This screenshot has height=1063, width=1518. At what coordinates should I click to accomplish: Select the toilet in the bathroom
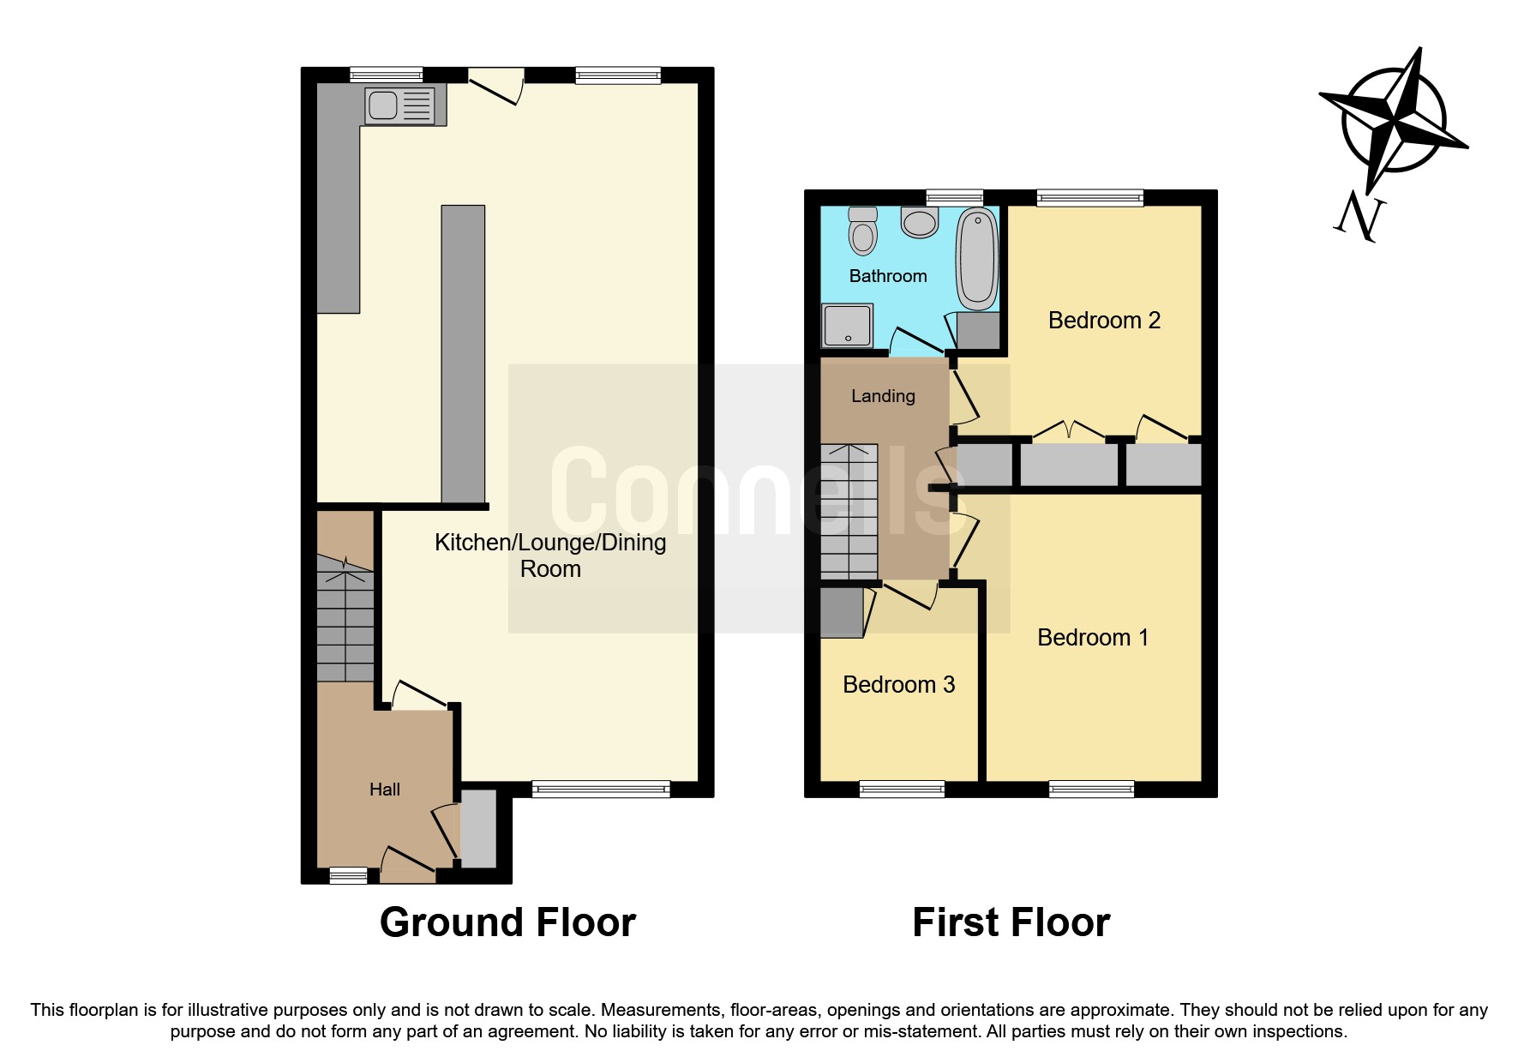click(x=863, y=231)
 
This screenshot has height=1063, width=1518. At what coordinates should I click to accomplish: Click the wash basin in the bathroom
click(x=920, y=223)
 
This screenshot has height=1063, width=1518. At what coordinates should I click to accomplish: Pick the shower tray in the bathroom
click(x=847, y=327)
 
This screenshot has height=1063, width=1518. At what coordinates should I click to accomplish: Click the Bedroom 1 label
click(x=1092, y=638)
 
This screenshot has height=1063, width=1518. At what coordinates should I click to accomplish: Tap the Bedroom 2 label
click(x=1104, y=321)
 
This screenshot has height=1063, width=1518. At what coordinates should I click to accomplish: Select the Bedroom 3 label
click(x=898, y=685)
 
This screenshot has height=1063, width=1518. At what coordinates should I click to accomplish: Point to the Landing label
click(x=883, y=396)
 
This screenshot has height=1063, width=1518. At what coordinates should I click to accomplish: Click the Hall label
click(x=384, y=790)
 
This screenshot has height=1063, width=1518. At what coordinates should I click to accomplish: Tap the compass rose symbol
click(x=1394, y=122)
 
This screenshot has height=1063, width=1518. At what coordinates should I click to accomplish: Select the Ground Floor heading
click(x=507, y=923)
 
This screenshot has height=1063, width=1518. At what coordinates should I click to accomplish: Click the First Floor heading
click(x=1011, y=923)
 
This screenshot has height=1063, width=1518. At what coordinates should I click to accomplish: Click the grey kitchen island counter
click(x=463, y=353)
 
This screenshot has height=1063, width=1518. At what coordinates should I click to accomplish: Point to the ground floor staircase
click(x=345, y=617)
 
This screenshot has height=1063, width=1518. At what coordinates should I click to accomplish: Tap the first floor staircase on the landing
click(x=849, y=511)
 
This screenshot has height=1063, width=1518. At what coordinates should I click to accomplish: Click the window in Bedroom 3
click(x=902, y=790)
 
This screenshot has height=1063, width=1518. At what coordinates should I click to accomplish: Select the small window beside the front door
click(x=348, y=875)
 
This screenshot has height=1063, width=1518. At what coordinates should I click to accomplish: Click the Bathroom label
click(x=888, y=276)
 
